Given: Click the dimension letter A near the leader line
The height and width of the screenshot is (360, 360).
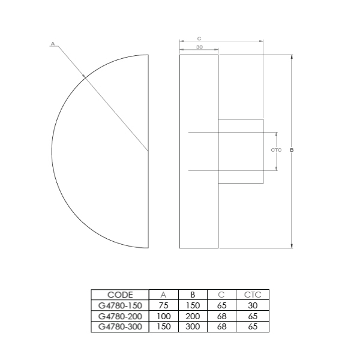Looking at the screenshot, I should coord(53,44).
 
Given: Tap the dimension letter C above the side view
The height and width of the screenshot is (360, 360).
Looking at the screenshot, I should coord(199,37).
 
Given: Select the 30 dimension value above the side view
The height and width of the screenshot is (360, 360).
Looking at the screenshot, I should coord(199,47).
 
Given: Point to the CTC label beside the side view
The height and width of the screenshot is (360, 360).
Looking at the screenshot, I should coord(276,150).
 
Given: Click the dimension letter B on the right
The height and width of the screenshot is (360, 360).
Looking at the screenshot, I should coord(292,150).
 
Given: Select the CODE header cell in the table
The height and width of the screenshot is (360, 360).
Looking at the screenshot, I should coord(119,295).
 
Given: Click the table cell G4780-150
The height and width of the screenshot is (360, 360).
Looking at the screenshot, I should coord(119,305).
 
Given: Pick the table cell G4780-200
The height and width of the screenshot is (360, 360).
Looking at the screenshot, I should coord(119,316).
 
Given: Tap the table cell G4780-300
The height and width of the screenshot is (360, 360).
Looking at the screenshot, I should coord(119,326).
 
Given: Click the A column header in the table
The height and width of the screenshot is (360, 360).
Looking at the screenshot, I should coord(163,295).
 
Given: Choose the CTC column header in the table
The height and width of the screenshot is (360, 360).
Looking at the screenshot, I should coord(253,295).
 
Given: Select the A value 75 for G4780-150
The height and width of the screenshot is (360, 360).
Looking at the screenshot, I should coord(163,305).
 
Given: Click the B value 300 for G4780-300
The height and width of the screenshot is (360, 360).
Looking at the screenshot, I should coord(193,326).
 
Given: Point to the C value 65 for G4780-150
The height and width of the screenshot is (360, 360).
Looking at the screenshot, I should coord(222,305).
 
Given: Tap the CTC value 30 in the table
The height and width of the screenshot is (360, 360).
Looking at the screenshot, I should coord(253,305).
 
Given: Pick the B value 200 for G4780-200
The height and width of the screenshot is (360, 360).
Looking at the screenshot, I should coord(193,316).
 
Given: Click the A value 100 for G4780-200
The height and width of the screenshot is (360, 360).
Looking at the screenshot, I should coord(163,316).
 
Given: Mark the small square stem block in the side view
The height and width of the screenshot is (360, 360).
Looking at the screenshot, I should coord(240,151).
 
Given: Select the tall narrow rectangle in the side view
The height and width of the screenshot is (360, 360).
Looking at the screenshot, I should coord(199,198).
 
